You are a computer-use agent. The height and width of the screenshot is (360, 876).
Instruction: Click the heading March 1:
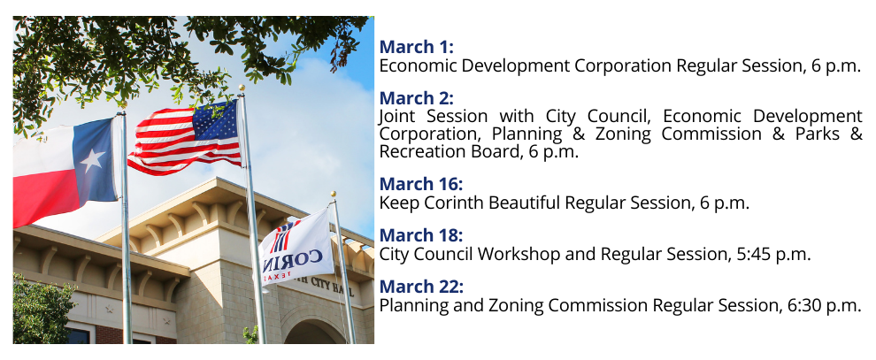(x=416, y=47)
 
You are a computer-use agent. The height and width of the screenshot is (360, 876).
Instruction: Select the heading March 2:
(x=416, y=98)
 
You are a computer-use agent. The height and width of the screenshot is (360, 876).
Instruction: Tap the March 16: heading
(x=421, y=184)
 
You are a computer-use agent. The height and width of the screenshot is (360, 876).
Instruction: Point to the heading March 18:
(x=421, y=235)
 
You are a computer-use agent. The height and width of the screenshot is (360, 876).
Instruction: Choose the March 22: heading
(x=421, y=287)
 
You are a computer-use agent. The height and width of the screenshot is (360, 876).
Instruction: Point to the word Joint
(x=396, y=117)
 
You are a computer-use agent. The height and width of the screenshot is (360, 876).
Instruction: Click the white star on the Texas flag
(x=92, y=160)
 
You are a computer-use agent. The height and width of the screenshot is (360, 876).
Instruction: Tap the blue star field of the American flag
(x=215, y=122)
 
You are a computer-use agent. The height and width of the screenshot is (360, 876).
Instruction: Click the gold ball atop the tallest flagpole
(x=242, y=88)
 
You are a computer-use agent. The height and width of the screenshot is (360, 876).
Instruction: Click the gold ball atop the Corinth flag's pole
(x=333, y=195)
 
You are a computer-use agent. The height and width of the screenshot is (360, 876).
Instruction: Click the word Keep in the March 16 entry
(x=399, y=203)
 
